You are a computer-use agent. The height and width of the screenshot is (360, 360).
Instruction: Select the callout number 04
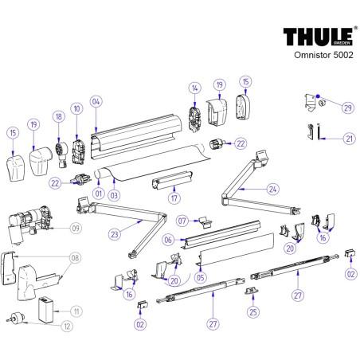tap(96, 102)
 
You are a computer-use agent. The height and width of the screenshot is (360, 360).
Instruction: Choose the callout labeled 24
tap(274, 190)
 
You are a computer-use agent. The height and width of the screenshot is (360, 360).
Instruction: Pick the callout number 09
tap(76, 229)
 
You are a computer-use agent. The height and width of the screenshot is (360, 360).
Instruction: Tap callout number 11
tap(76, 310)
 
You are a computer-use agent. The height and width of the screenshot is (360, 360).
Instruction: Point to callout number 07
tap(182, 220)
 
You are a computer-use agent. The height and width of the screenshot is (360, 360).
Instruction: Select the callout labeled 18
tap(57, 116)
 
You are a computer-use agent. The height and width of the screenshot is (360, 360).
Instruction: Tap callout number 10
tap(76, 108)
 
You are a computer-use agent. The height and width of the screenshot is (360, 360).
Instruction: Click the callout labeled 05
tap(200, 277)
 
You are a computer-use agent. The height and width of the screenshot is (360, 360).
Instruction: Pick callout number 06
tap(168, 239)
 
